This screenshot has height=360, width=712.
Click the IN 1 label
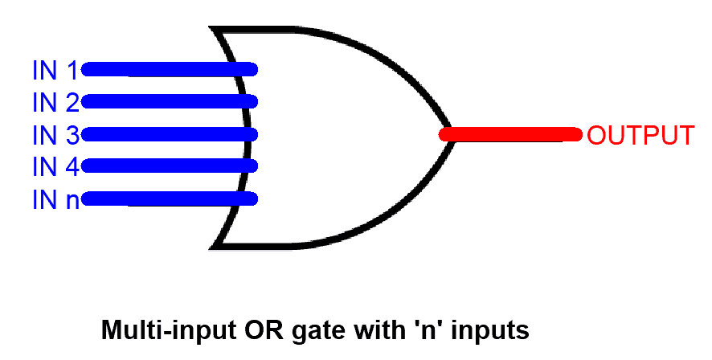tap(55, 71)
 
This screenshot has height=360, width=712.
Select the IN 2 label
tap(55, 103)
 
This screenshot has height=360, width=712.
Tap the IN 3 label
tap(55, 134)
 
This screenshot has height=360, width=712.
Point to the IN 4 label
tap(55, 166)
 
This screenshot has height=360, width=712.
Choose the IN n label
tap(55, 198)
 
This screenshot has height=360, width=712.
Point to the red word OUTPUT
tap(640, 135)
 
